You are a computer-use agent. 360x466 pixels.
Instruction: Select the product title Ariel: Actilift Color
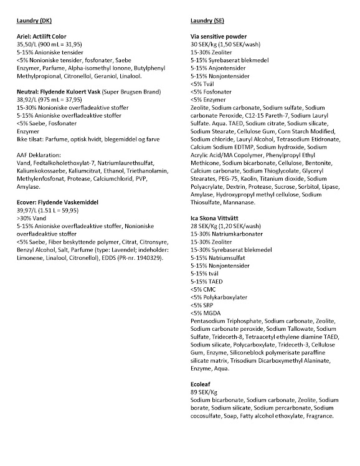point(45,37)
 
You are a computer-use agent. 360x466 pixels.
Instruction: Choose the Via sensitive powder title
point(219,37)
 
